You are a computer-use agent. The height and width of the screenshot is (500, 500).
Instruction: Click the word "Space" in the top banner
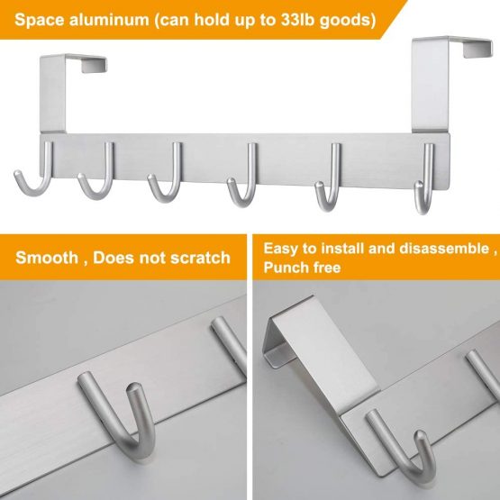(x=40, y=20)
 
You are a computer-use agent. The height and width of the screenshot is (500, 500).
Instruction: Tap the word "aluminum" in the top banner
(x=109, y=20)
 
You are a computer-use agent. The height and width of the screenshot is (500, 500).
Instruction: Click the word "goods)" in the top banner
(x=348, y=21)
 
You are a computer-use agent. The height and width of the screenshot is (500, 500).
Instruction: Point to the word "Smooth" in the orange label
(x=47, y=258)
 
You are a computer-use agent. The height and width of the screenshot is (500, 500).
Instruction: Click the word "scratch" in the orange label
(x=200, y=258)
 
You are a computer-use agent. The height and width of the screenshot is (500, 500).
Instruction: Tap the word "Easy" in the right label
(x=280, y=249)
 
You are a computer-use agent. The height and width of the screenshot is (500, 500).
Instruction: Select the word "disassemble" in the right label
(x=444, y=248)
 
